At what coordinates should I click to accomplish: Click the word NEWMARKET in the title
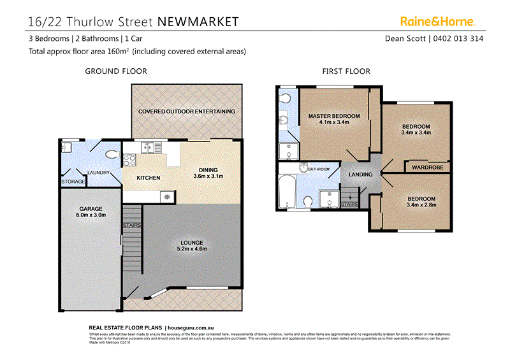click(x=198, y=22)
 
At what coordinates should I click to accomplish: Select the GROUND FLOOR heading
click(x=116, y=71)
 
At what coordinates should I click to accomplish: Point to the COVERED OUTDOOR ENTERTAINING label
click(x=187, y=112)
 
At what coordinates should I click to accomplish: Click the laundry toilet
click(x=113, y=154)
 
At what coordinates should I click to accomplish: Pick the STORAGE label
click(x=73, y=182)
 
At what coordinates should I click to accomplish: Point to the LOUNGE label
click(x=191, y=243)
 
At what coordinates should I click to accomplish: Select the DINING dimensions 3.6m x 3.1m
click(x=208, y=176)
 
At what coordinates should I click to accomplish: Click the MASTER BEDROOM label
click(x=334, y=116)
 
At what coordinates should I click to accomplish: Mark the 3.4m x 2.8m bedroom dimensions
click(x=421, y=206)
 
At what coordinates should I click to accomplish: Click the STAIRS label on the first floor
click(x=350, y=204)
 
